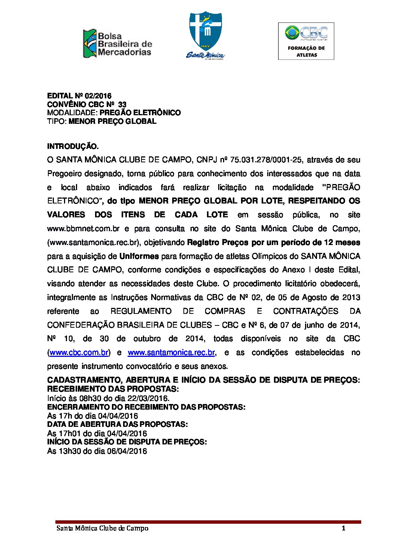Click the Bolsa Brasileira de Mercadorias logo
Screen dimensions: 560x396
(117, 44)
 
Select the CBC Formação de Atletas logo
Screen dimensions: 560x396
(306, 41)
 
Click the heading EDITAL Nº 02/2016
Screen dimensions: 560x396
(79, 96)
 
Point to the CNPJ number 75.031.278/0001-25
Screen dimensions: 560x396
(266, 160)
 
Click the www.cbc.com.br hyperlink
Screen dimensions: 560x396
(79, 352)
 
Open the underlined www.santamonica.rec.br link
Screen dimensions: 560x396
(171, 352)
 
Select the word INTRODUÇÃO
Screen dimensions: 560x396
(73, 146)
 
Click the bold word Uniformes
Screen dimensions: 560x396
(139, 256)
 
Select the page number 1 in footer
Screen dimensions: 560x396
(343, 528)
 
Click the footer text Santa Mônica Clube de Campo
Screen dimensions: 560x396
(102, 528)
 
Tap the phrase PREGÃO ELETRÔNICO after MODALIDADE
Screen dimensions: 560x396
(140, 113)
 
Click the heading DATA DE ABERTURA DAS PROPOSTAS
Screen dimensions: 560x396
(117, 424)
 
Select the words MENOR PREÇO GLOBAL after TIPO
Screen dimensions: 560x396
(112, 121)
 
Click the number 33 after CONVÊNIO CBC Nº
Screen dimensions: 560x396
(122, 104)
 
